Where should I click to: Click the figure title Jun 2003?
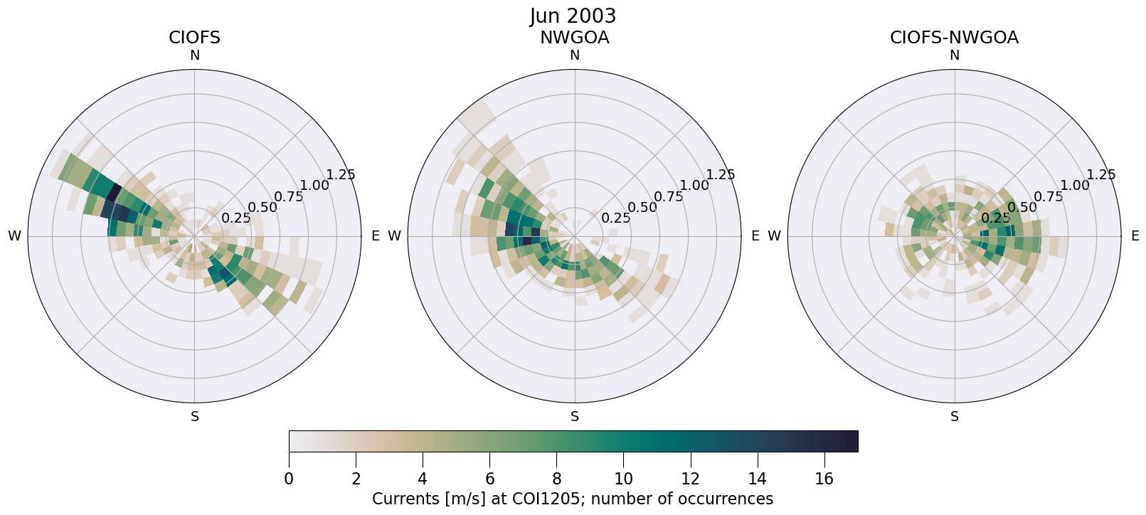click(573, 16)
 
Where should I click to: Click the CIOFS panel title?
click(194, 38)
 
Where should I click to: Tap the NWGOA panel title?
click(574, 38)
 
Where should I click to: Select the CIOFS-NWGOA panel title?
click(954, 38)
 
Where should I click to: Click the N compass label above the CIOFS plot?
click(194, 55)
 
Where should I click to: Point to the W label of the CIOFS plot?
click(14, 236)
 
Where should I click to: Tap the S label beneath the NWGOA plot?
click(575, 417)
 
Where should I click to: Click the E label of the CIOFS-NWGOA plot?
click(1135, 236)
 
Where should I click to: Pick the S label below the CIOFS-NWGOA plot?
click(955, 417)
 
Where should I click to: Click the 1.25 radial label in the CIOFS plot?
click(340, 175)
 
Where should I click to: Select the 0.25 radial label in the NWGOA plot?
click(616, 218)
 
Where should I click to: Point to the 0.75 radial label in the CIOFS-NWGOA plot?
click(1049, 197)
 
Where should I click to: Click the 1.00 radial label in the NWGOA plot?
click(694, 186)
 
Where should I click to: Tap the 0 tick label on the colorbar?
click(289, 479)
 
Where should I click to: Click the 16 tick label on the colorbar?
click(824, 479)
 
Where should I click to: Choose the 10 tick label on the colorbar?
click(623, 479)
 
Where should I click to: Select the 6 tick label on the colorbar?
click(489, 479)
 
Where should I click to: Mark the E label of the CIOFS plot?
click(375, 236)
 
